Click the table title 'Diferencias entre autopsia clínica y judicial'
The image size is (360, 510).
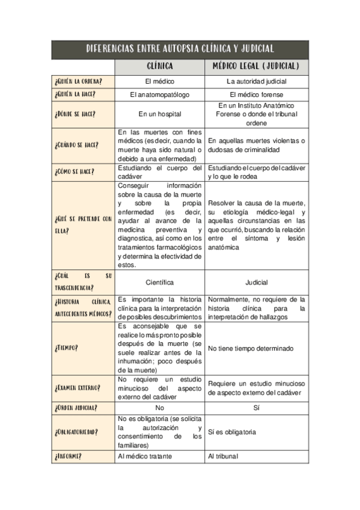[180, 49]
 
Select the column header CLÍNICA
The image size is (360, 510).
[159, 66]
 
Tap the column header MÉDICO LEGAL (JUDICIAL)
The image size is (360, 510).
[257, 66]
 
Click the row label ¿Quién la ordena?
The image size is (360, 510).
[78, 81]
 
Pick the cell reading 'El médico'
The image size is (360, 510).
[159, 81]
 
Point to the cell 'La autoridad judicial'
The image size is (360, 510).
[257, 81]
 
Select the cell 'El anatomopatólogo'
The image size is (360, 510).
[159, 95]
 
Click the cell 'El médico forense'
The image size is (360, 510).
[257, 95]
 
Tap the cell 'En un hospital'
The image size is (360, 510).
[159, 114]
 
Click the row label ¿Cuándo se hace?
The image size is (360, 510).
[76, 145]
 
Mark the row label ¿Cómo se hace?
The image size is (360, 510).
[74, 171]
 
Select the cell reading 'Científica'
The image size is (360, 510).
[159, 282]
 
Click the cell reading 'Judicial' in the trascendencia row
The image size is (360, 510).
[257, 282]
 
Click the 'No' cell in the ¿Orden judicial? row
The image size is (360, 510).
[159, 407]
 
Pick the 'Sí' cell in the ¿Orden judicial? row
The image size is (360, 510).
[257, 407]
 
